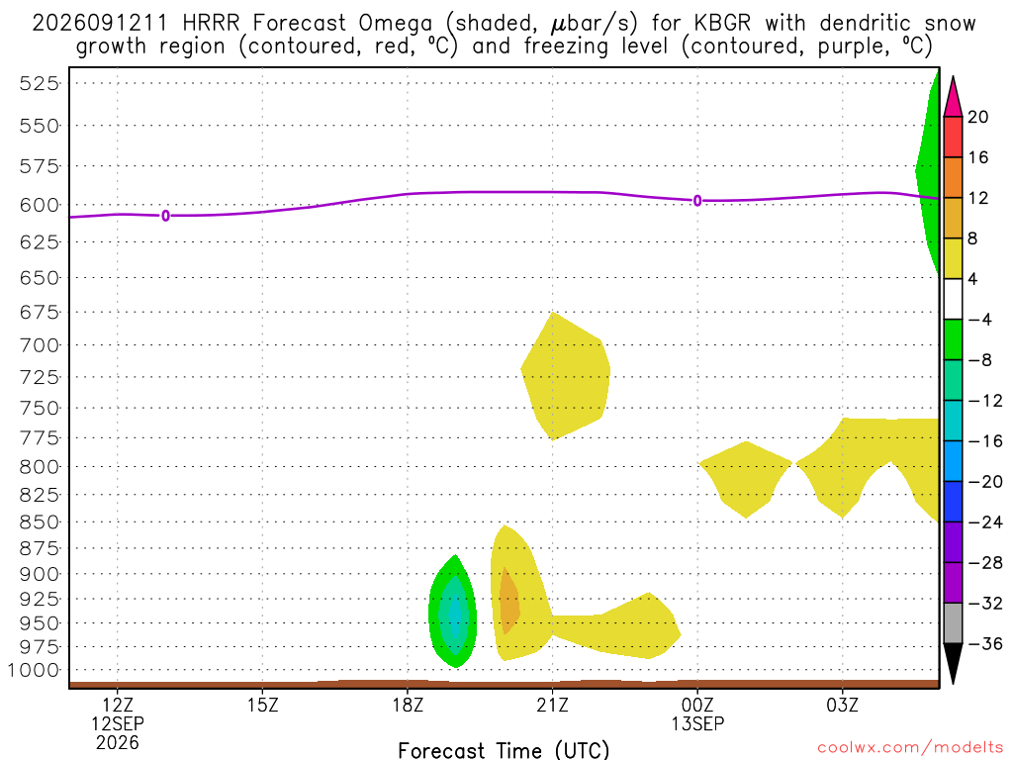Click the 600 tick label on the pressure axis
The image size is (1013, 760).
[x=40, y=205]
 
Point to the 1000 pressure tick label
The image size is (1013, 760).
[x=33, y=670]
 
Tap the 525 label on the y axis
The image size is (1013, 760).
[x=40, y=83]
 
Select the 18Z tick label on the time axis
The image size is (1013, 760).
[x=408, y=705]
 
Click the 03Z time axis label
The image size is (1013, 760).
[x=843, y=705]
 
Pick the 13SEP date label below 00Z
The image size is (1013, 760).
[x=697, y=723]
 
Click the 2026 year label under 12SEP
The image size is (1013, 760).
[x=118, y=743]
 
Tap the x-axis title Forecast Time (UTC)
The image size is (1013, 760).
[x=504, y=750]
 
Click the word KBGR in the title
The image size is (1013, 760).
[x=722, y=24]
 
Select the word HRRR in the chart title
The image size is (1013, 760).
[x=211, y=24]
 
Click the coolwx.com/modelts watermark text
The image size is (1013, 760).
[x=910, y=748]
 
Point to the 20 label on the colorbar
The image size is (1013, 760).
[x=978, y=117]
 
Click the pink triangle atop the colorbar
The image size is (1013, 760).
[x=953, y=98]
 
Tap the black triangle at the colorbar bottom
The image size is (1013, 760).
[x=953, y=663]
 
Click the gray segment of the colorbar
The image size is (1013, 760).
[x=953, y=623]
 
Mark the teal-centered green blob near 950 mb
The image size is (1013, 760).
[x=453, y=612]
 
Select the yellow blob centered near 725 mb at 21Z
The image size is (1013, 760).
[x=565, y=376]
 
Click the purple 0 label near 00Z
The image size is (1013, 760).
[x=697, y=201]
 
